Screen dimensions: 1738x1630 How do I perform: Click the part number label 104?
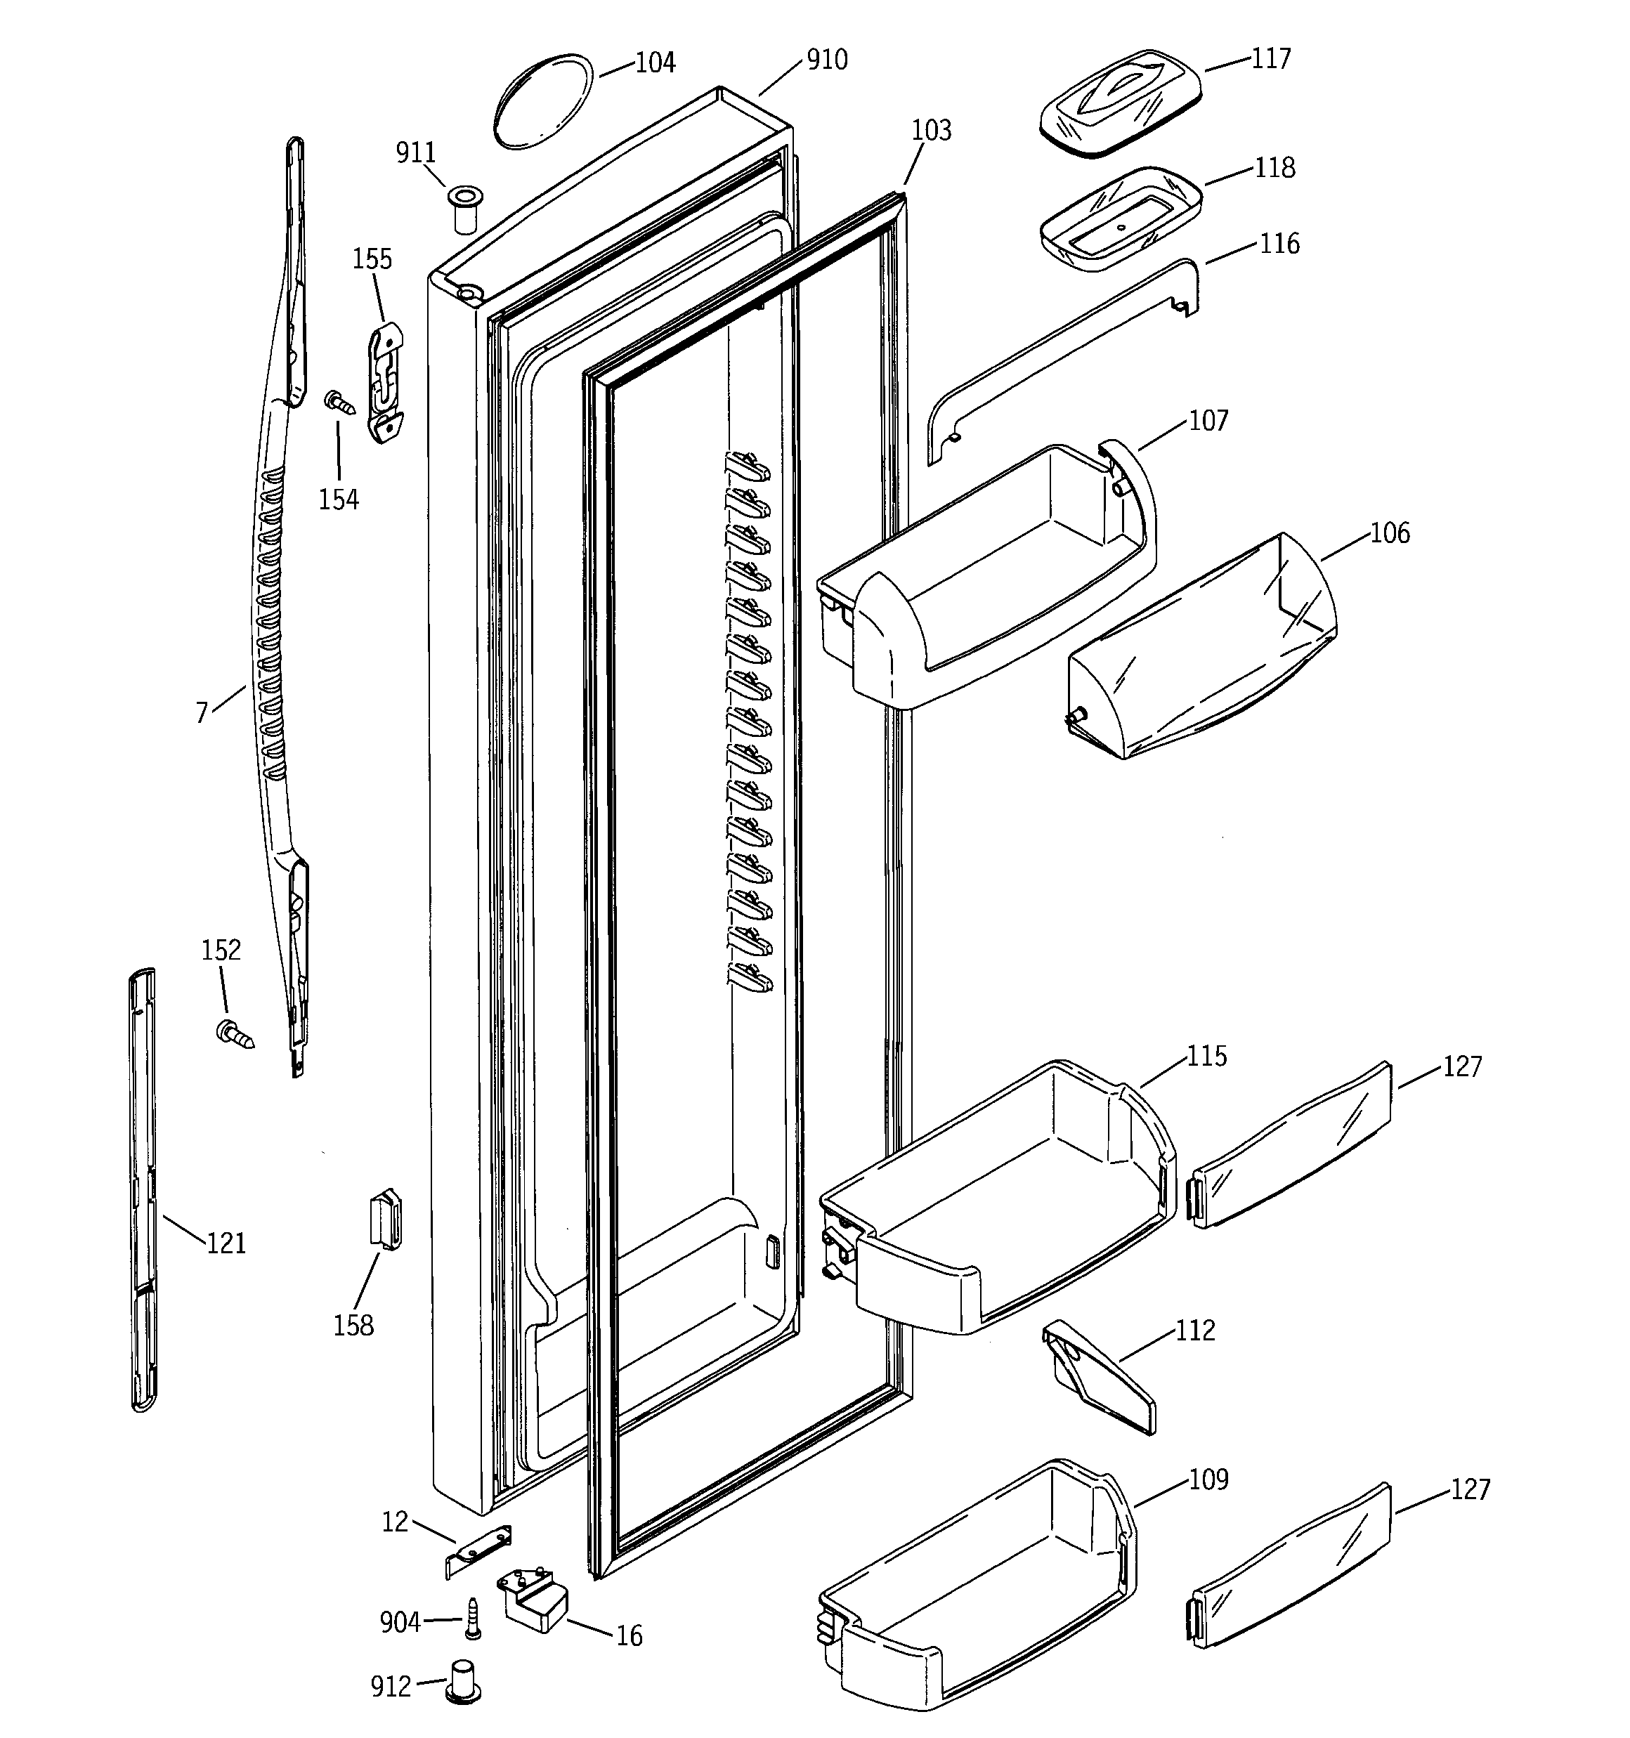pyautogui.click(x=655, y=63)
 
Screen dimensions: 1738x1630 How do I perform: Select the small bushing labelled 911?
pyautogui.click(x=465, y=208)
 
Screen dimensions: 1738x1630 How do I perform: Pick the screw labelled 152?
pyautogui.click(x=233, y=1033)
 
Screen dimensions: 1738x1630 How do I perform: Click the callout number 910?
pyautogui.click(x=826, y=60)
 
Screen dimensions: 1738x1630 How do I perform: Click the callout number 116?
pyautogui.click(x=1279, y=244)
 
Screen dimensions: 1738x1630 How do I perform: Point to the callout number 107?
pyautogui.click(x=1208, y=421)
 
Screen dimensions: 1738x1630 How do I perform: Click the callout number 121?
pyautogui.click(x=226, y=1243)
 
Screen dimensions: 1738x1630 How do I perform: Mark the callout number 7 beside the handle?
pyautogui.click(x=202, y=713)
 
